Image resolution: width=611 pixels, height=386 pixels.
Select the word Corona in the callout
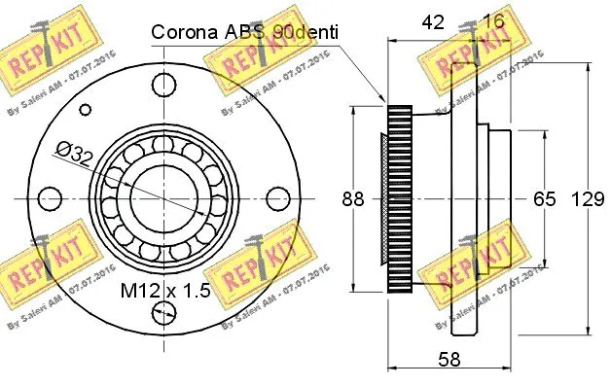(182, 32)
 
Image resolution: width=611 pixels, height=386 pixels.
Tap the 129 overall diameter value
(582, 199)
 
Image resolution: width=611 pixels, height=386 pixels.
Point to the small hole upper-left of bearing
(85, 109)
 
